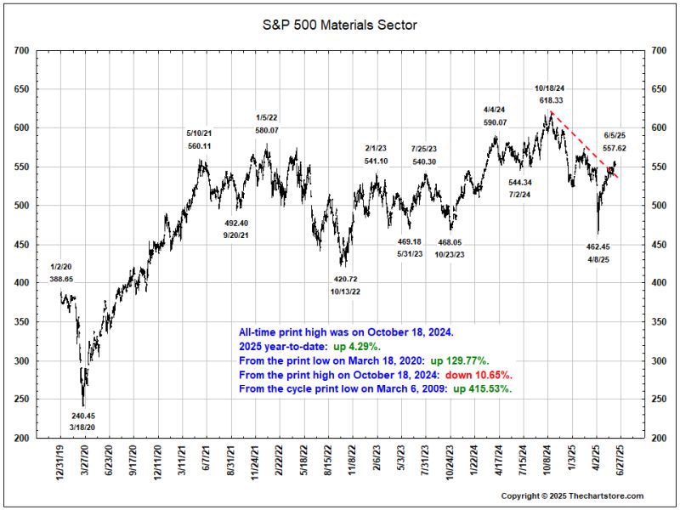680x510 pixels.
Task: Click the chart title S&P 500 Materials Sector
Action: click(340, 25)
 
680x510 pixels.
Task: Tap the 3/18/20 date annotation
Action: click(82, 427)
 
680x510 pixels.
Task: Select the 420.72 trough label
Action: click(344, 279)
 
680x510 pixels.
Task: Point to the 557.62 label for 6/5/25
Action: click(615, 148)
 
